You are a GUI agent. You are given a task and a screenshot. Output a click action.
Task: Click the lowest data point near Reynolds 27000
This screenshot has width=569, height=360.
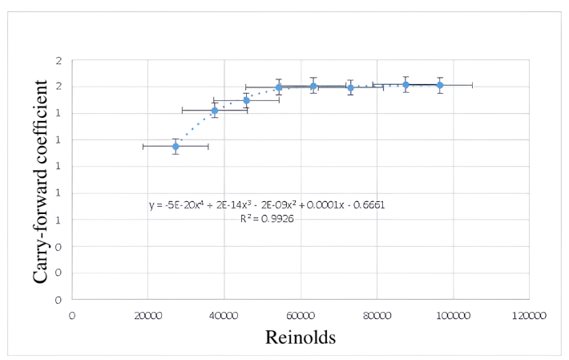point(176,146)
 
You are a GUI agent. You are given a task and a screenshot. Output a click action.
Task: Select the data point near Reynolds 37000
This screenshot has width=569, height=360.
point(214,110)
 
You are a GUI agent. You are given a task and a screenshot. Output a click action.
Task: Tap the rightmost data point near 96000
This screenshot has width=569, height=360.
point(440,85)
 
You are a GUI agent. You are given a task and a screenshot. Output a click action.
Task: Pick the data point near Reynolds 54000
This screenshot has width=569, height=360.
point(278,87)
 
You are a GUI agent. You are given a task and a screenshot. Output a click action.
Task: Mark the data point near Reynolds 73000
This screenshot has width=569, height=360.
point(350,87)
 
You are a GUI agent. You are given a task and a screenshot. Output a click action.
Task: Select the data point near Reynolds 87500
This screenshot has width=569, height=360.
point(406,84)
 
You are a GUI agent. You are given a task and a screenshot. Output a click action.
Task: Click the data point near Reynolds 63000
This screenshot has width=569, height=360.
point(313,86)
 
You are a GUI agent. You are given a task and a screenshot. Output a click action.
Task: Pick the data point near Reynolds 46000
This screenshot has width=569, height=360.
point(246,100)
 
